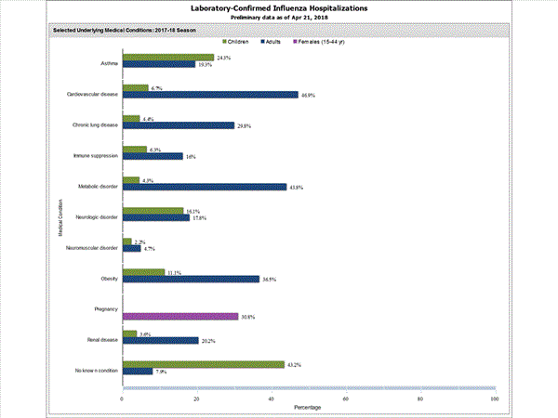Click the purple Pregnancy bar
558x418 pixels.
tap(179, 317)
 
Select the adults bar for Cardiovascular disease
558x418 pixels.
tap(210, 95)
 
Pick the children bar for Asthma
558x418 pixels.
tap(167, 58)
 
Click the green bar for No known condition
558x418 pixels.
tap(203, 364)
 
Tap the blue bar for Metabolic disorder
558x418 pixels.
tap(205, 187)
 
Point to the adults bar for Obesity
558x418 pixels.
tap(191, 279)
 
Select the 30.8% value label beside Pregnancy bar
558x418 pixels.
tap(248, 317)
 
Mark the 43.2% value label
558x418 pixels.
tap(295, 363)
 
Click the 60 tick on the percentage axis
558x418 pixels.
tap(345, 398)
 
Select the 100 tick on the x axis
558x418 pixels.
tap(494, 398)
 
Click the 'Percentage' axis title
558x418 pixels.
tap(308, 408)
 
